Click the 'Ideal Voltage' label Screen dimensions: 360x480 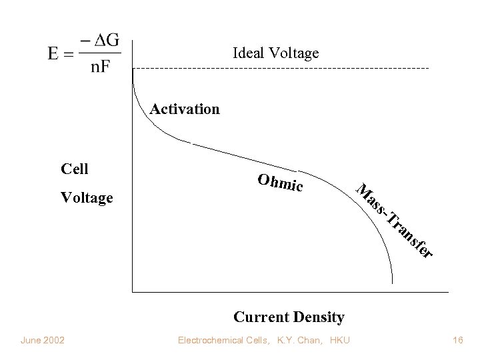(x=275, y=53)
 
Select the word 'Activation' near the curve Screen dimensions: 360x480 (x=185, y=109)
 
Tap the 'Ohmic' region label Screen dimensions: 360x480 (x=280, y=182)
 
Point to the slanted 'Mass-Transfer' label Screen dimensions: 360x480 (x=393, y=219)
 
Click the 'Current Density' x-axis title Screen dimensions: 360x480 (x=289, y=316)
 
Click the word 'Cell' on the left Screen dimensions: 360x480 (x=74, y=169)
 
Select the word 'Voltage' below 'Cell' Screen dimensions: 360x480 (x=87, y=198)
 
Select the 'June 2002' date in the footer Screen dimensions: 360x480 (x=42, y=341)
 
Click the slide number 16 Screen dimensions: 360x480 (x=457, y=341)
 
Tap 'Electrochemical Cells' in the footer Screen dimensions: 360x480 (x=222, y=341)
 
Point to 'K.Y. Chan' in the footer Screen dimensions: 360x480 (x=296, y=341)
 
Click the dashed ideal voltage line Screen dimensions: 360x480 (x=280, y=69)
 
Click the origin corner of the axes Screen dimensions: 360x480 (x=133, y=292)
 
